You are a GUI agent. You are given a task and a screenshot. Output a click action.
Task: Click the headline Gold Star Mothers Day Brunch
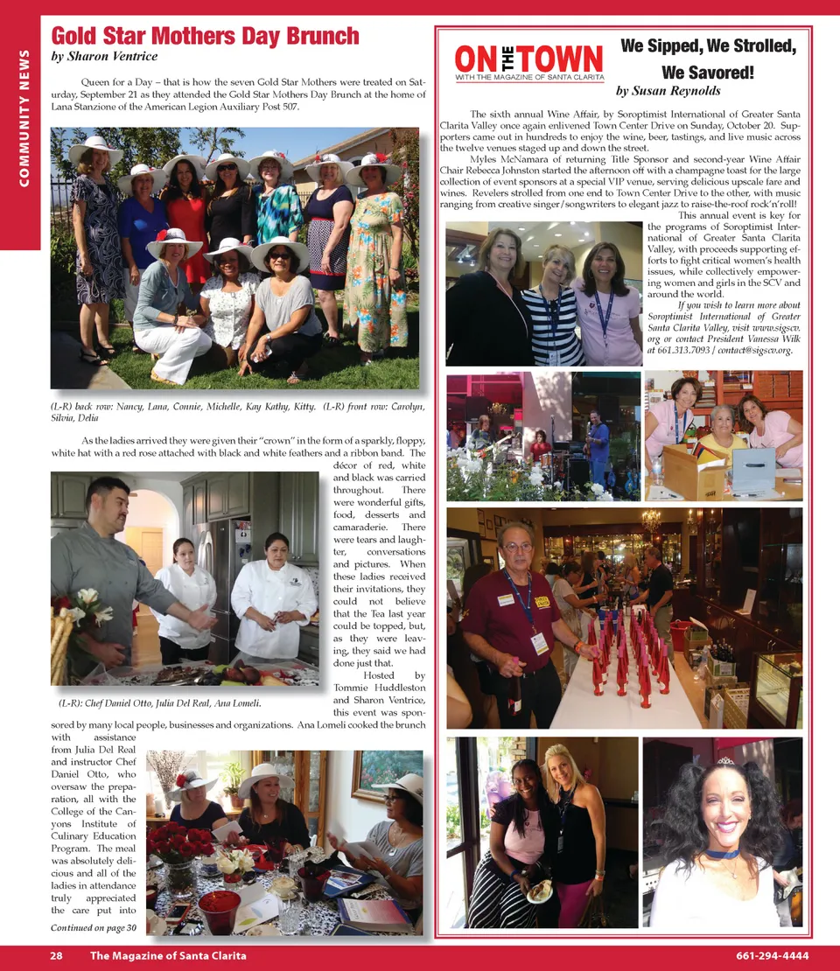click(205, 36)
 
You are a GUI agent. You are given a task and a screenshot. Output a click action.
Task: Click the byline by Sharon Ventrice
click(104, 57)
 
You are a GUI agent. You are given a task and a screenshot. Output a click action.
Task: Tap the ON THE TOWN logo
click(528, 61)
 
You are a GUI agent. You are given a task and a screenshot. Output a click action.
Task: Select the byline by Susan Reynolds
click(669, 91)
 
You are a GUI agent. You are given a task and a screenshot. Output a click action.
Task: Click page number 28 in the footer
click(56, 956)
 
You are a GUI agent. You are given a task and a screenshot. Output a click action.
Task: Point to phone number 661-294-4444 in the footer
click(772, 956)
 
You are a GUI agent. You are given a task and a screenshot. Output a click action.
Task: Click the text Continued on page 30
click(94, 927)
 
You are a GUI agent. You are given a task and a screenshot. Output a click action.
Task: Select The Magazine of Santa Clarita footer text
click(168, 956)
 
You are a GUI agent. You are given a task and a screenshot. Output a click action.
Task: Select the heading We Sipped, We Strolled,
click(708, 46)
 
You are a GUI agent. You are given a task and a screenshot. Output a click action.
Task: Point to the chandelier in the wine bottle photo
click(651, 522)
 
